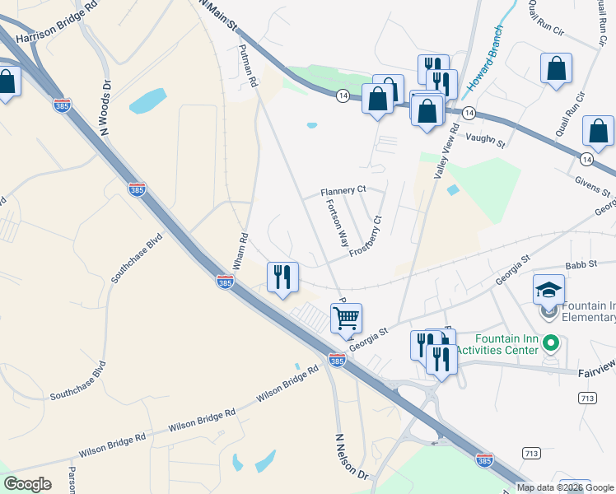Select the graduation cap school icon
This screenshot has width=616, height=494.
coord(549,291)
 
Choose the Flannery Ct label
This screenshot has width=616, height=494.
coord(343,191)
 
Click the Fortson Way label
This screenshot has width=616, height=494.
coord(338,224)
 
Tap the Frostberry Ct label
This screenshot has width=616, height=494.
coord(366,237)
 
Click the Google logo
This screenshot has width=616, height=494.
coord(27,484)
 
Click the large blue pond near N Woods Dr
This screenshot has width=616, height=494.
coord(147,101)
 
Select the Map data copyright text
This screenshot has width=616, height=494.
coord(565,487)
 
